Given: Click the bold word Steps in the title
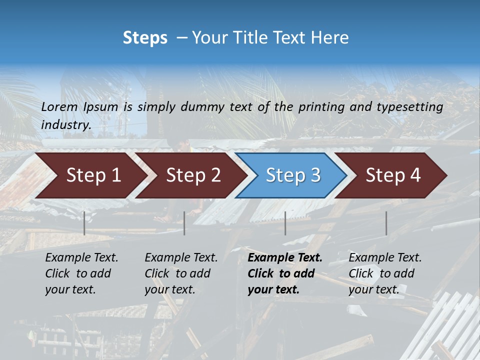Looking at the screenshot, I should pyautogui.click(x=145, y=38).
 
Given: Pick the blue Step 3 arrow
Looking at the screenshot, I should pyautogui.click(x=293, y=175).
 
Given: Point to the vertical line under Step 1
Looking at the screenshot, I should pyautogui.click(x=84, y=223).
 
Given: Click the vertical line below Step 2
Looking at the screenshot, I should pyautogui.click(x=184, y=223).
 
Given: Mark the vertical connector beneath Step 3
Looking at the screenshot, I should pyautogui.click(x=285, y=223).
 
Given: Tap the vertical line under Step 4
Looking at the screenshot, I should pyautogui.click(x=386, y=223).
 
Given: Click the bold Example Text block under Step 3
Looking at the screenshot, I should pyautogui.click(x=285, y=273).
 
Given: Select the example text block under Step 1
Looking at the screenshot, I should pyautogui.click(x=81, y=273).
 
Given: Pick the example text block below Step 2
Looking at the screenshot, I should pyautogui.click(x=181, y=273).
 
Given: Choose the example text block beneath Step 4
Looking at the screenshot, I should pyautogui.click(x=385, y=273).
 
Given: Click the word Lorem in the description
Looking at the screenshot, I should pyautogui.click(x=59, y=106).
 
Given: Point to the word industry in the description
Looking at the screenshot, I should pyautogui.click(x=65, y=125).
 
